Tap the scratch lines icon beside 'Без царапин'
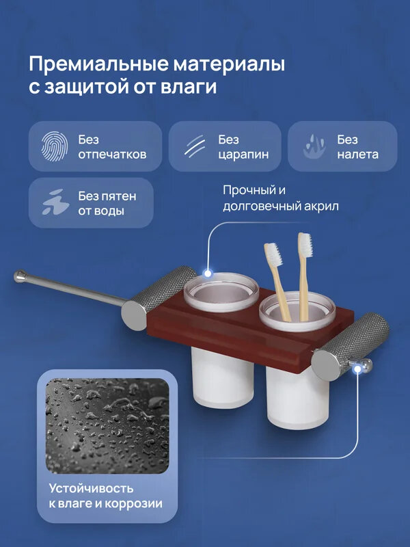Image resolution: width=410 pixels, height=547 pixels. (195, 146)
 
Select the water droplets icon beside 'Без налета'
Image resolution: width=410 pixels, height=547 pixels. (314, 146)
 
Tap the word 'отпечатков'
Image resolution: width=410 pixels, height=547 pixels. (112, 154)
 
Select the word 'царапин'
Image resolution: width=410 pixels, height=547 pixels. (243, 154)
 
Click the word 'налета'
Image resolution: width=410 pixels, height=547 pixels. (357, 154)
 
